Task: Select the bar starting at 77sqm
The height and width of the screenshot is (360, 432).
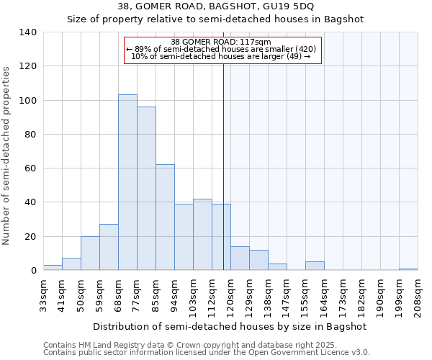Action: point(146,189)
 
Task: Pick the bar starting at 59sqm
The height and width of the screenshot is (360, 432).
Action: point(109,247)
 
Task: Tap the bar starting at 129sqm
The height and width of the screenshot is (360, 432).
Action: point(258,260)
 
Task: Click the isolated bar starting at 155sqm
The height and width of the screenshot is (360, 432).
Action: point(315,266)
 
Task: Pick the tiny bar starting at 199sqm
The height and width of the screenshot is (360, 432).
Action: point(408,269)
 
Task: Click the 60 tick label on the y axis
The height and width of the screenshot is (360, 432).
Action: point(31,168)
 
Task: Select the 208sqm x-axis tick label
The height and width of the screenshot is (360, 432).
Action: point(418,295)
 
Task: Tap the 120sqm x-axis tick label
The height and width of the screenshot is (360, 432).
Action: point(230,295)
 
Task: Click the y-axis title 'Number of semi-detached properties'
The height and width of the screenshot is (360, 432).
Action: point(7,155)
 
